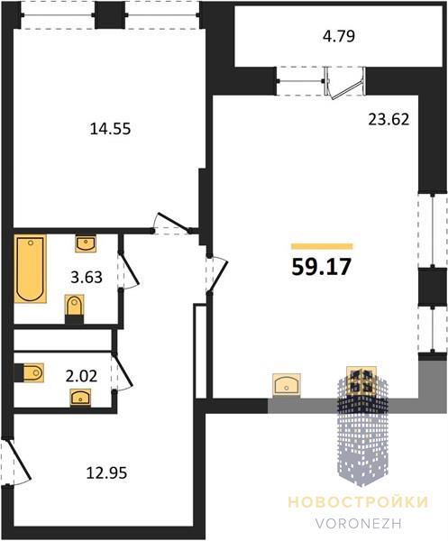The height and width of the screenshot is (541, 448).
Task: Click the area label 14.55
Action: coord(110,129)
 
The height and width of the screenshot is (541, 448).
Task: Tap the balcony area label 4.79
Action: coord(339,36)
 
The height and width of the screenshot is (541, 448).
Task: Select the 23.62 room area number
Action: coord(389,119)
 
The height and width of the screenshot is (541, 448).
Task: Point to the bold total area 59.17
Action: coord(322,267)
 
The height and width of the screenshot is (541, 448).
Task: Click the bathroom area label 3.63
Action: coord(87,277)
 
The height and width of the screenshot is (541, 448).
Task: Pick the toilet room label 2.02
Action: coord(81,376)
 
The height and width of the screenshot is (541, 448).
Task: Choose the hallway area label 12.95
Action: coord(106,472)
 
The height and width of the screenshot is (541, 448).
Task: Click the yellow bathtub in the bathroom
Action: coord(31,269)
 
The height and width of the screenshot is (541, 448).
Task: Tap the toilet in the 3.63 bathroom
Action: coord(74,308)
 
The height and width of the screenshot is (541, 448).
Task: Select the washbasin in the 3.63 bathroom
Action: coord(86,243)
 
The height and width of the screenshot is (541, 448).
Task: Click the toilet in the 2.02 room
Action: coord(30,372)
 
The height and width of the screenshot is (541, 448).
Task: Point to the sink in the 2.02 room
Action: coord(80,398)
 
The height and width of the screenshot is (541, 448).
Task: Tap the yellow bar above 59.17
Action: coord(322,246)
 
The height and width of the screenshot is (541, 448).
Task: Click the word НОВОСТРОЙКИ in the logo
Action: coord(358,501)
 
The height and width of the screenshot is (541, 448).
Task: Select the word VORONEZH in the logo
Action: coord(359,523)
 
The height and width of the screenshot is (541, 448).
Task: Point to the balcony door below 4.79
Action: coord(345,83)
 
